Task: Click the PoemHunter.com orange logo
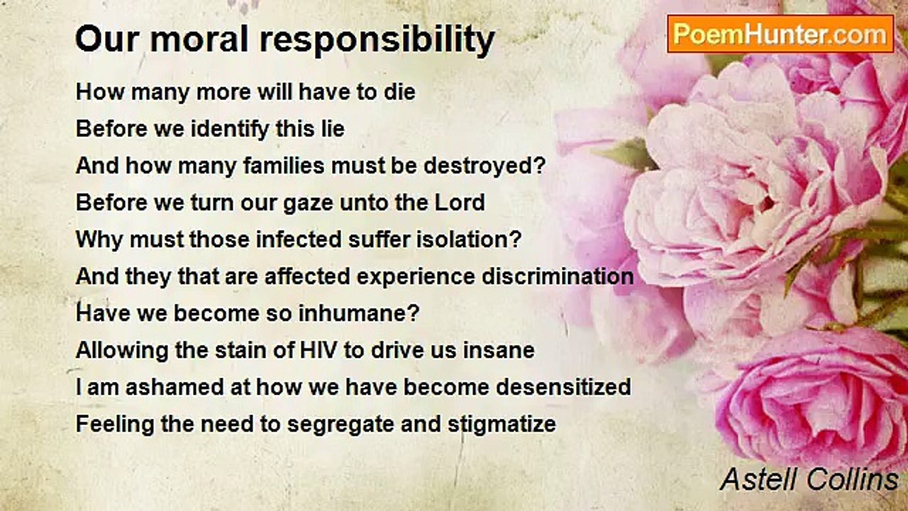[x=780, y=34]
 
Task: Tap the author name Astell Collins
[x=809, y=479]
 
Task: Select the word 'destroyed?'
[x=485, y=166]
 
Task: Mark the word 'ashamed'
[x=175, y=387]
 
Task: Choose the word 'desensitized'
[x=563, y=387]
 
